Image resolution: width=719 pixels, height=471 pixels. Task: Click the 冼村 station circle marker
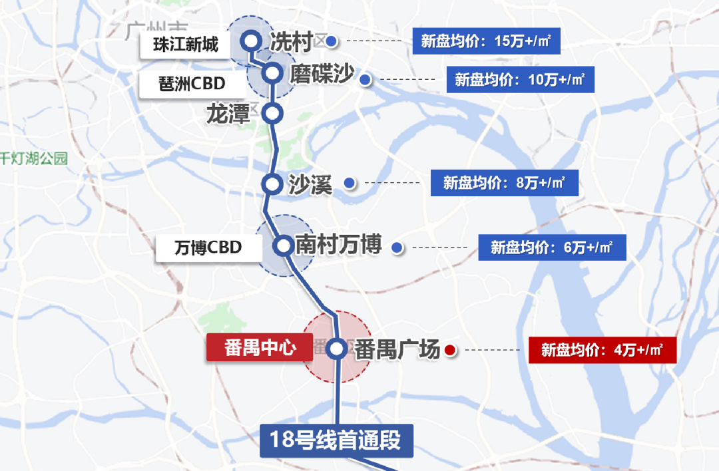(x=251, y=41)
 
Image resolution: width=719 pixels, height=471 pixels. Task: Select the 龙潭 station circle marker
(x=272, y=113)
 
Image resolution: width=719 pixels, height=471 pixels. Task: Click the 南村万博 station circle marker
(x=284, y=246)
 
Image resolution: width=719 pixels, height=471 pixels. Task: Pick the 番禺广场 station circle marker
(x=337, y=348)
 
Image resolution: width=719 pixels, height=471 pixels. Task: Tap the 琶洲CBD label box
(x=182, y=84)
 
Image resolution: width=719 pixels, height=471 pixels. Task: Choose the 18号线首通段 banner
(x=336, y=440)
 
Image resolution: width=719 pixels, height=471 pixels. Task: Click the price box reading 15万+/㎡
(x=486, y=41)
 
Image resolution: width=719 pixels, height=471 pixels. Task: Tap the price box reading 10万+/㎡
(x=520, y=80)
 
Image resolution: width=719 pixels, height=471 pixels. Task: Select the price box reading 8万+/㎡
(x=504, y=183)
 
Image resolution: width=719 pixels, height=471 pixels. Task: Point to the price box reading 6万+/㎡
(x=552, y=247)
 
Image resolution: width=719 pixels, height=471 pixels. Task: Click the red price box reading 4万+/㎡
(x=602, y=350)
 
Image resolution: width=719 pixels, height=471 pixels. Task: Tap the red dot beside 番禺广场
(x=450, y=349)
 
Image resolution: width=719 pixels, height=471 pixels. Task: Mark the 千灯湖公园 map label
(x=34, y=158)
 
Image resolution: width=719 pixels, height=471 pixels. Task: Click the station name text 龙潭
(x=228, y=114)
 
